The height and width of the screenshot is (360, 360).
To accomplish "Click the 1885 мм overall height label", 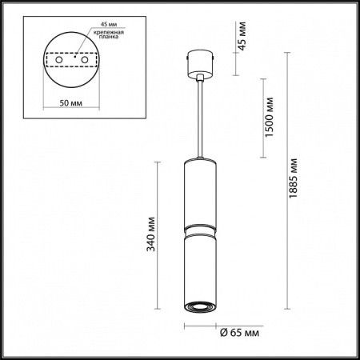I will (x=294, y=190).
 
